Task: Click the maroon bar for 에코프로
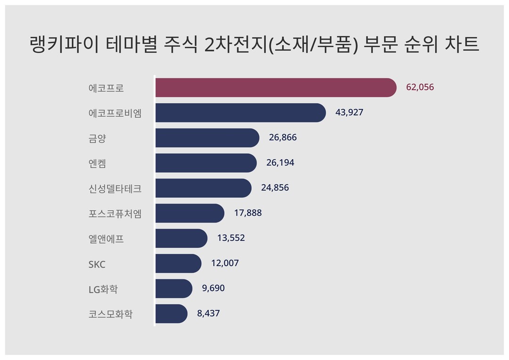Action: [275, 88]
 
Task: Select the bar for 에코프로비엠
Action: [240, 113]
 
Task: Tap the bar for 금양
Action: [207, 138]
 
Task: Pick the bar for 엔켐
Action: [205, 163]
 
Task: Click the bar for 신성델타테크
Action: [203, 188]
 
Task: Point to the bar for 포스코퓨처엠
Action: [189, 213]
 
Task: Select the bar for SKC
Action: [178, 263]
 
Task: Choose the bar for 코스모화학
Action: [171, 313]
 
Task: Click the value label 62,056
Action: [420, 88]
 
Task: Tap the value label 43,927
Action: [349, 113]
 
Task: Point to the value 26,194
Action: [280, 163]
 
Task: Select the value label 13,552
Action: [231, 238]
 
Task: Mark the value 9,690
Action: [213, 288]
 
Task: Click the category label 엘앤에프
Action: [106, 239]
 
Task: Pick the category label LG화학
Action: [103, 289]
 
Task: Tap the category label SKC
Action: [97, 264]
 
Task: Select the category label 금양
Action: [97, 139]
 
